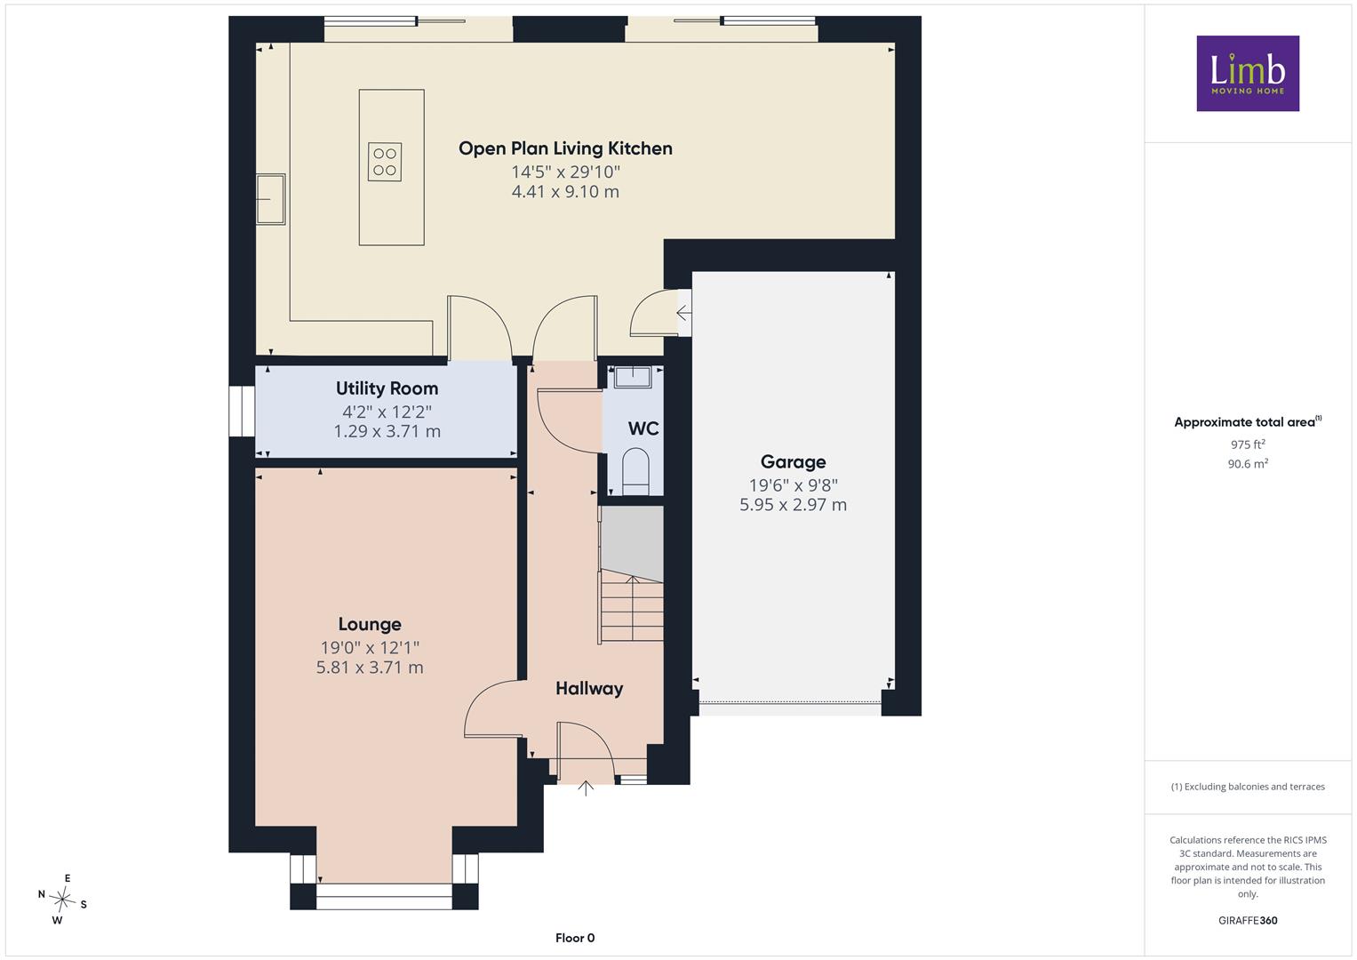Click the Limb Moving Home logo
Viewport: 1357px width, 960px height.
click(x=1248, y=73)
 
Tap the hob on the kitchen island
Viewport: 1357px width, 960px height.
click(x=385, y=162)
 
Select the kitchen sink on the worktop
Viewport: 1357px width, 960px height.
click(x=270, y=199)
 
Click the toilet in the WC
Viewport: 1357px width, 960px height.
click(x=635, y=471)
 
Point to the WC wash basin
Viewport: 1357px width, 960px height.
click(x=633, y=377)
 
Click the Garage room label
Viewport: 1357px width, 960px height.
click(x=793, y=462)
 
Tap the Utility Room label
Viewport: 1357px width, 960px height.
click(x=387, y=388)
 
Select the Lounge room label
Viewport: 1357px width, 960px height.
click(x=370, y=624)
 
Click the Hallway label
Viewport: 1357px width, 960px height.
click(x=589, y=689)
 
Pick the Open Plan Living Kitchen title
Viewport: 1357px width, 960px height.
click(x=565, y=148)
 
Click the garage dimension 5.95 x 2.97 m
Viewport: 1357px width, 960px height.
click(x=793, y=504)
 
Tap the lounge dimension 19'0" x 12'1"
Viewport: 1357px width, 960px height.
click(x=370, y=647)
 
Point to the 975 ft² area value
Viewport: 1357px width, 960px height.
click(x=1248, y=444)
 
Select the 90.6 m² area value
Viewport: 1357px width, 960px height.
click(x=1248, y=464)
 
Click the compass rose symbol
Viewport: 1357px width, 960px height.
click(x=62, y=899)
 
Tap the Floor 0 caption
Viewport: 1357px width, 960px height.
click(x=575, y=938)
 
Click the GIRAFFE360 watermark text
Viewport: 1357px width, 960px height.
click(x=1248, y=921)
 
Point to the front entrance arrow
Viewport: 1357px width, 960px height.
click(x=586, y=788)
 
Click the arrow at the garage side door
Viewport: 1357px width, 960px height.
click(x=683, y=313)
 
